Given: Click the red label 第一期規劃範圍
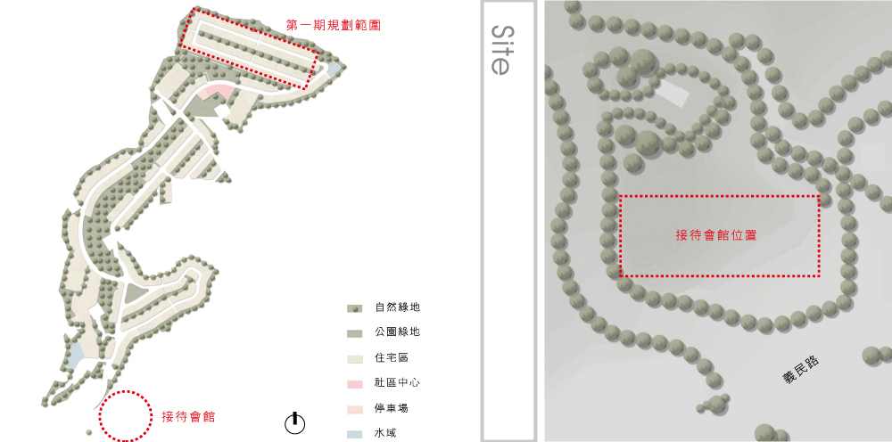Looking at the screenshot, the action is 333,26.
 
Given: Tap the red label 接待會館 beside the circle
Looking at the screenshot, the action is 189,416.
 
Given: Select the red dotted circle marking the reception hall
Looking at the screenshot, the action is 126,416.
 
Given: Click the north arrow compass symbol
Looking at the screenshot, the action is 294,422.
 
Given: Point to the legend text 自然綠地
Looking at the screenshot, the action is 398,307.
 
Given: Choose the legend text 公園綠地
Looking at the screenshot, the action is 398,331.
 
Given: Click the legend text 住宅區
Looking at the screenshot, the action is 392,357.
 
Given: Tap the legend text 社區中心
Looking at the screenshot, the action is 398,382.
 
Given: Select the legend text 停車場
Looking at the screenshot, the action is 392,408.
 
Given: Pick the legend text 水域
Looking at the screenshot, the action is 385,433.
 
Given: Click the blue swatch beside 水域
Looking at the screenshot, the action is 354,435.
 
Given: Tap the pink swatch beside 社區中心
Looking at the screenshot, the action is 354,384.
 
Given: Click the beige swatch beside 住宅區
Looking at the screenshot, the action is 354,359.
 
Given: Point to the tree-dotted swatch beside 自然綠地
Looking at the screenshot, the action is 354,309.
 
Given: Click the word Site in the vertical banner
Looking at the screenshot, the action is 500,49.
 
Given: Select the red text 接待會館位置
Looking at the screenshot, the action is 716,235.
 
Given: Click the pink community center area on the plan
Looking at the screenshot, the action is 215,92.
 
